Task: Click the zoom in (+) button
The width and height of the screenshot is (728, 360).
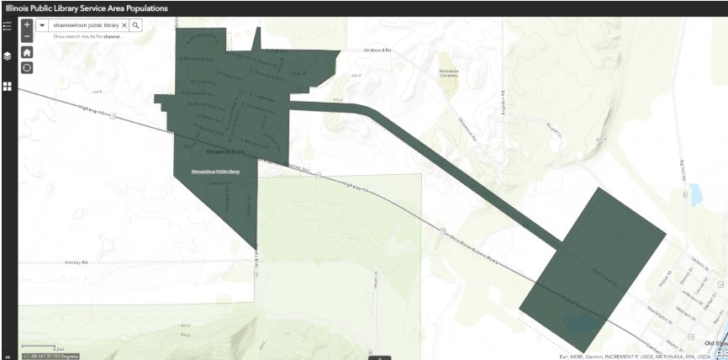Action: tap(27, 25)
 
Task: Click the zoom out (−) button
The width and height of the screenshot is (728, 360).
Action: tap(27, 36)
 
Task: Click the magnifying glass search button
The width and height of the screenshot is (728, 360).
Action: tap(136, 25)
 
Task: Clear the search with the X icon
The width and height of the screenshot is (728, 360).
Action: tap(124, 25)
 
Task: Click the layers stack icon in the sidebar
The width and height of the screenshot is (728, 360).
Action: tap(7, 56)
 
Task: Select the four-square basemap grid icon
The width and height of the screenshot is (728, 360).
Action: tap(7, 86)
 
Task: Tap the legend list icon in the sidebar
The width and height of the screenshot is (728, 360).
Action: tap(7, 25)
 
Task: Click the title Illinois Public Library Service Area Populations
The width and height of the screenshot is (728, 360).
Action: tap(87, 8)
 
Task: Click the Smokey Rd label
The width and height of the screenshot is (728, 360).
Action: tap(76, 262)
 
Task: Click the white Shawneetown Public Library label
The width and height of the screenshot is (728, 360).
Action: tap(215, 171)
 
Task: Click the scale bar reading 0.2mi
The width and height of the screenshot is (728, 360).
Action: tap(57, 347)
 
